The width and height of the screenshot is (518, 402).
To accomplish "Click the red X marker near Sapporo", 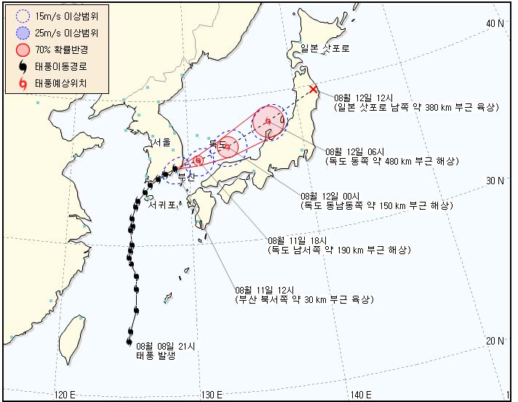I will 313,90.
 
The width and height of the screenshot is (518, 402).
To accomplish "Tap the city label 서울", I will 162,141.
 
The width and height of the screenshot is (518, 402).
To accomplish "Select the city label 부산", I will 188,178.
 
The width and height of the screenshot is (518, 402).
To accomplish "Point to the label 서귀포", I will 162,206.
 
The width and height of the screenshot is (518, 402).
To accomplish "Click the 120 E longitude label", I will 65,395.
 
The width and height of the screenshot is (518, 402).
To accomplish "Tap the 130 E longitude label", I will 212,395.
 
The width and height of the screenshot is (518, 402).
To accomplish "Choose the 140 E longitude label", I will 361,395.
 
